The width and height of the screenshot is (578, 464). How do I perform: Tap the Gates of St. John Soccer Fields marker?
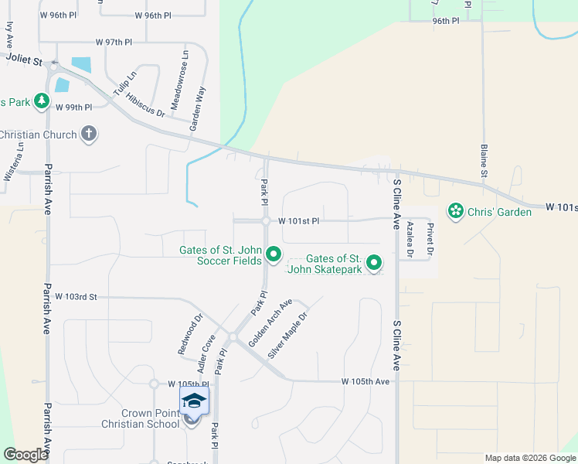point(273,254)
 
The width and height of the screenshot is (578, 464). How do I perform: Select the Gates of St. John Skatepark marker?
point(374,264)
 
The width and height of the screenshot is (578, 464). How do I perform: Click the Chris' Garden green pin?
point(455,210)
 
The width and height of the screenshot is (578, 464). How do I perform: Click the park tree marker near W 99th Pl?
point(42,101)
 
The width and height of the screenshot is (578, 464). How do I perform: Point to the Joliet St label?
point(25,57)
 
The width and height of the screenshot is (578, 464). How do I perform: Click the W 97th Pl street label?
point(114,42)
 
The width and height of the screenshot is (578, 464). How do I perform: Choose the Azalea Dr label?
point(410,239)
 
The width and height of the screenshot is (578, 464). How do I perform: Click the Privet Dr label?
point(430,239)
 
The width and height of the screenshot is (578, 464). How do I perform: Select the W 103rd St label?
point(76,296)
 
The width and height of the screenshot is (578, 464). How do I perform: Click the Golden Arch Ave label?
point(270,322)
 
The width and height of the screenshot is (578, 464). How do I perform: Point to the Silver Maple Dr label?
point(288,334)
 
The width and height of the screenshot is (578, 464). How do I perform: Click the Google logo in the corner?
point(25,454)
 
